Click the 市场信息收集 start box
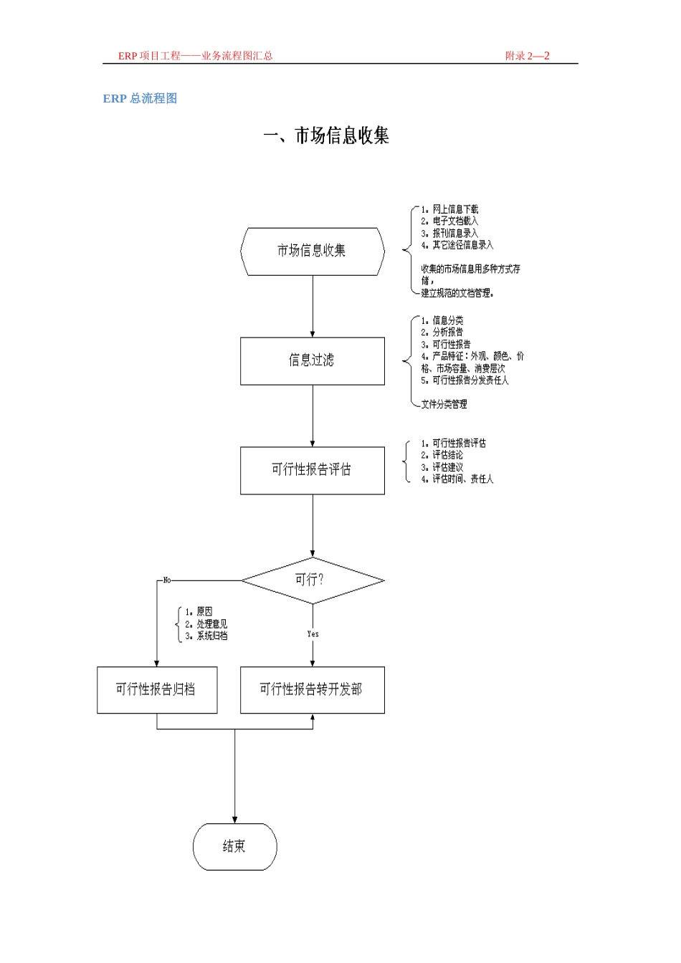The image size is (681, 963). [313, 251]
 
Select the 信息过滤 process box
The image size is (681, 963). [313, 360]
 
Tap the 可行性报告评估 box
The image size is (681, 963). [313, 470]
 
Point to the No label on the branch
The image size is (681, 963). [167, 580]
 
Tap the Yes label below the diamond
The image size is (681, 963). [313, 633]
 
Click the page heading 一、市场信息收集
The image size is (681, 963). [326, 135]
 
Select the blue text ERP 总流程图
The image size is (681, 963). [140, 98]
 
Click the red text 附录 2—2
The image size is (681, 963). [527, 55]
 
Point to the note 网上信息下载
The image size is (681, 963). [455, 209]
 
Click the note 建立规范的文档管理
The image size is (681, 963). [457, 293]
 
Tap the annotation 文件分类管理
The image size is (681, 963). [444, 404]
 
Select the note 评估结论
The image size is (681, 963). [448, 455]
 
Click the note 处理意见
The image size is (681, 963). [212, 624]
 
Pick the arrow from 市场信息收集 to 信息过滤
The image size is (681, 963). [313, 306]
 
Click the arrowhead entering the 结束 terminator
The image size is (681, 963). [235, 820]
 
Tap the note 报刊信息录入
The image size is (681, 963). [455, 233]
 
